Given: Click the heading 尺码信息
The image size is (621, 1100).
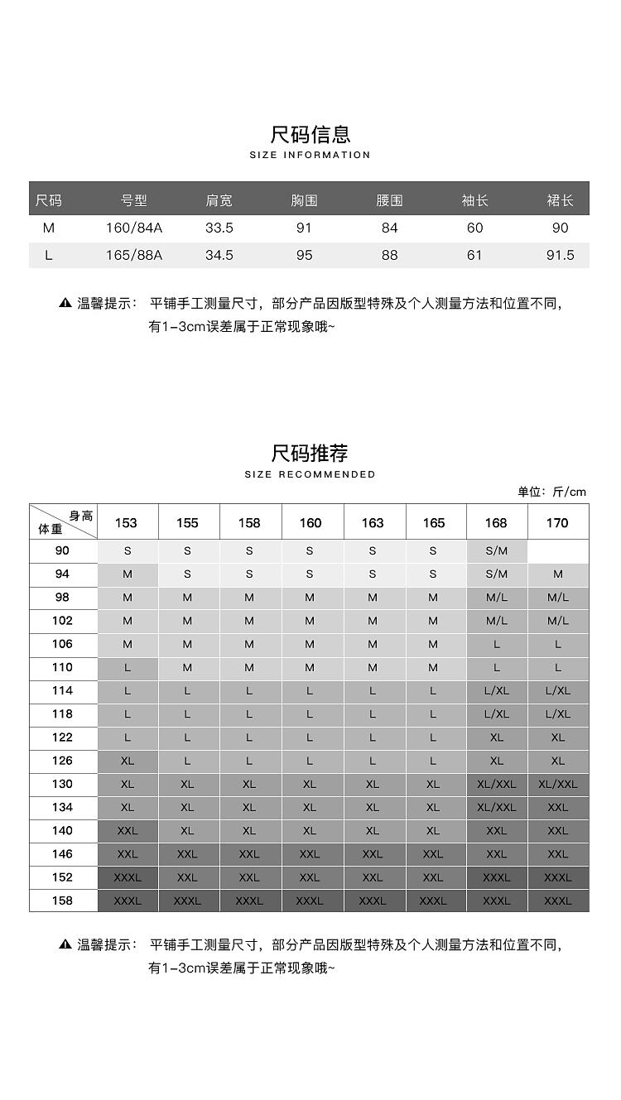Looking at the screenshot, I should pyautogui.click(x=310, y=134).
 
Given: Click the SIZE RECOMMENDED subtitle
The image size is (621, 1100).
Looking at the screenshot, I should pyautogui.click(x=310, y=474).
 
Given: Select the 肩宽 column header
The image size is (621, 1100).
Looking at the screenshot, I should pyautogui.click(x=219, y=200).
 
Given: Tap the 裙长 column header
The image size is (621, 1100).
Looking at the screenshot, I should pyautogui.click(x=561, y=200).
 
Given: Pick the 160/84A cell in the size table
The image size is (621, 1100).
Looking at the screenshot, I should pyautogui.click(x=134, y=228).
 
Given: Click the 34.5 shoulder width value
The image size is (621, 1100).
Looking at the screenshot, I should pyautogui.click(x=219, y=255).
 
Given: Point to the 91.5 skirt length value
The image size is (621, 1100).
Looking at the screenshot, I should pyautogui.click(x=561, y=255).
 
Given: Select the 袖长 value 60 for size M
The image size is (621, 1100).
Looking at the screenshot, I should pyautogui.click(x=474, y=228).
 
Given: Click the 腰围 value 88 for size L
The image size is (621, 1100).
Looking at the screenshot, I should pyautogui.click(x=390, y=255).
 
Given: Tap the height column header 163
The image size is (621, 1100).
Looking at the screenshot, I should pyautogui.click(x=373, y=522).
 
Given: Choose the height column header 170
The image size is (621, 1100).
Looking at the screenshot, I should pyautogui.click(x=558, y=522).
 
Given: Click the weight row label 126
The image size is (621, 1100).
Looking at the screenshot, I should pyautogui.click(x=63, y=761).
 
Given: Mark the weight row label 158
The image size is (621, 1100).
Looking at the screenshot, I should pyautogui.click(x=63, y=901).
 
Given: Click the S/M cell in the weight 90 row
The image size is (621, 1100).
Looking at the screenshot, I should pyautogui.click(x=497, y=550).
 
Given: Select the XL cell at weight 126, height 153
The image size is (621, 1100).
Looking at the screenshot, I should pyautogui.click(x=128, y=761).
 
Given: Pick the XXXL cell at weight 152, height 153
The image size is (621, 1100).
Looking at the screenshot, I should pyautogui.click(x=128, y=877).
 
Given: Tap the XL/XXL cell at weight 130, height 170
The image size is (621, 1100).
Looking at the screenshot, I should pyautogui.click(x=558, y=784).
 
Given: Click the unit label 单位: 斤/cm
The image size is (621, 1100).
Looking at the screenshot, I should pyautogui.click(x=551, y=492).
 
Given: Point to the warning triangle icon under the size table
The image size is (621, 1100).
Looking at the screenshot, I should pyautogui.click(x=65, y=303).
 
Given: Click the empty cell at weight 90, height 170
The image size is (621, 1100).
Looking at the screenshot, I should pyautogui.click(x=558, y=550).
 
